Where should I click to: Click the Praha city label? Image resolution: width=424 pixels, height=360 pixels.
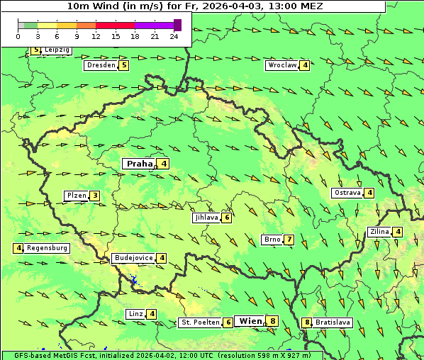pyautogui.click(x=139, y=164)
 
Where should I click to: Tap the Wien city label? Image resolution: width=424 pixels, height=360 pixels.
pyautogui.click(x=250, y=321)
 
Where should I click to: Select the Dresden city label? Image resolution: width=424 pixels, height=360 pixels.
pyautogui.click(x=100, y=65)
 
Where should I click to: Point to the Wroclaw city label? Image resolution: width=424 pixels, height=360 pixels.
pyautogui.click(x=281, y=65)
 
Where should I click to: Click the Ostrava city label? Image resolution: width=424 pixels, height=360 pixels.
pyautogui.click(x=347, y=193)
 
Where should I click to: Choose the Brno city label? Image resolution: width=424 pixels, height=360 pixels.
pyautogui.click(x=272, y=240)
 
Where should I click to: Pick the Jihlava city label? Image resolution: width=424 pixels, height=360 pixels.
pyautogui.click(x=206, y=218)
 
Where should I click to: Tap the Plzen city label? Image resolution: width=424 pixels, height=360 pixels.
pyautogui.click(x=76, y=196)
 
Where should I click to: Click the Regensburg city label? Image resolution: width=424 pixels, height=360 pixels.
pyautogui.click(x=47, y=248)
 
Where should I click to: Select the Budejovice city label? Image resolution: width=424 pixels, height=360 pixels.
pyautogui.click(x=133, y=258)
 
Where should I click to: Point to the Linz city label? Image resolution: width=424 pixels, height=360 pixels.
pyautogui.click(x=135, y=314)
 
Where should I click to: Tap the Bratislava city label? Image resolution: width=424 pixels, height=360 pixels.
pyautogui.click(x=333, y=322)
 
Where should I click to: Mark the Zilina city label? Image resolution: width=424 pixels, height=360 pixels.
pyautogui.click(x=379, y=232)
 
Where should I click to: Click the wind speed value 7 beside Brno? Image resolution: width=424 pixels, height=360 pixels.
pyautogui.click(x=289, y=240)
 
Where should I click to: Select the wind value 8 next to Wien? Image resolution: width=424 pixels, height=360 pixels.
pyautogui.click(x=272, y=321)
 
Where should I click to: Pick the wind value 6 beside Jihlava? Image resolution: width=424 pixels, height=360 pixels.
pyautogui.click(x=227, y=218)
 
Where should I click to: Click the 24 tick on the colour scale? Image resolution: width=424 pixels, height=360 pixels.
pyautogui.click(x=174, y=36)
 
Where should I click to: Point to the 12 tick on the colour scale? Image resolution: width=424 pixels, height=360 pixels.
pyautogui.click(x=96, y=36)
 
